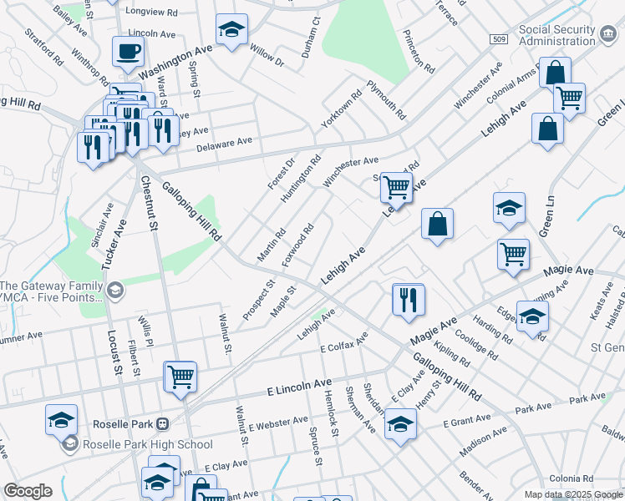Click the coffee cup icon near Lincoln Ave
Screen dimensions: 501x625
click(x=128, y=51)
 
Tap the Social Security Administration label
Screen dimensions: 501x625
click(x=568, y=34)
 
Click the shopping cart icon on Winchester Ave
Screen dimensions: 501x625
click(x=396, y=187)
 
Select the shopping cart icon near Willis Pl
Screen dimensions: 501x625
click(x=180, y=377)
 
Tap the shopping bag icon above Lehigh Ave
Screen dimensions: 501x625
click(x=437, y=223)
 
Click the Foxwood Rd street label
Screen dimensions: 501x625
click(x=297, y=245)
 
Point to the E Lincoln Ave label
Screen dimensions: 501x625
click(x=299, y=387)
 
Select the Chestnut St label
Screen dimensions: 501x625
click(x=150, y=203)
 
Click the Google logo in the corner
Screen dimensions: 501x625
click(x=28, y=491)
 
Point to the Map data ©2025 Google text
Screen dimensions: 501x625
click(x=572, y=494)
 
